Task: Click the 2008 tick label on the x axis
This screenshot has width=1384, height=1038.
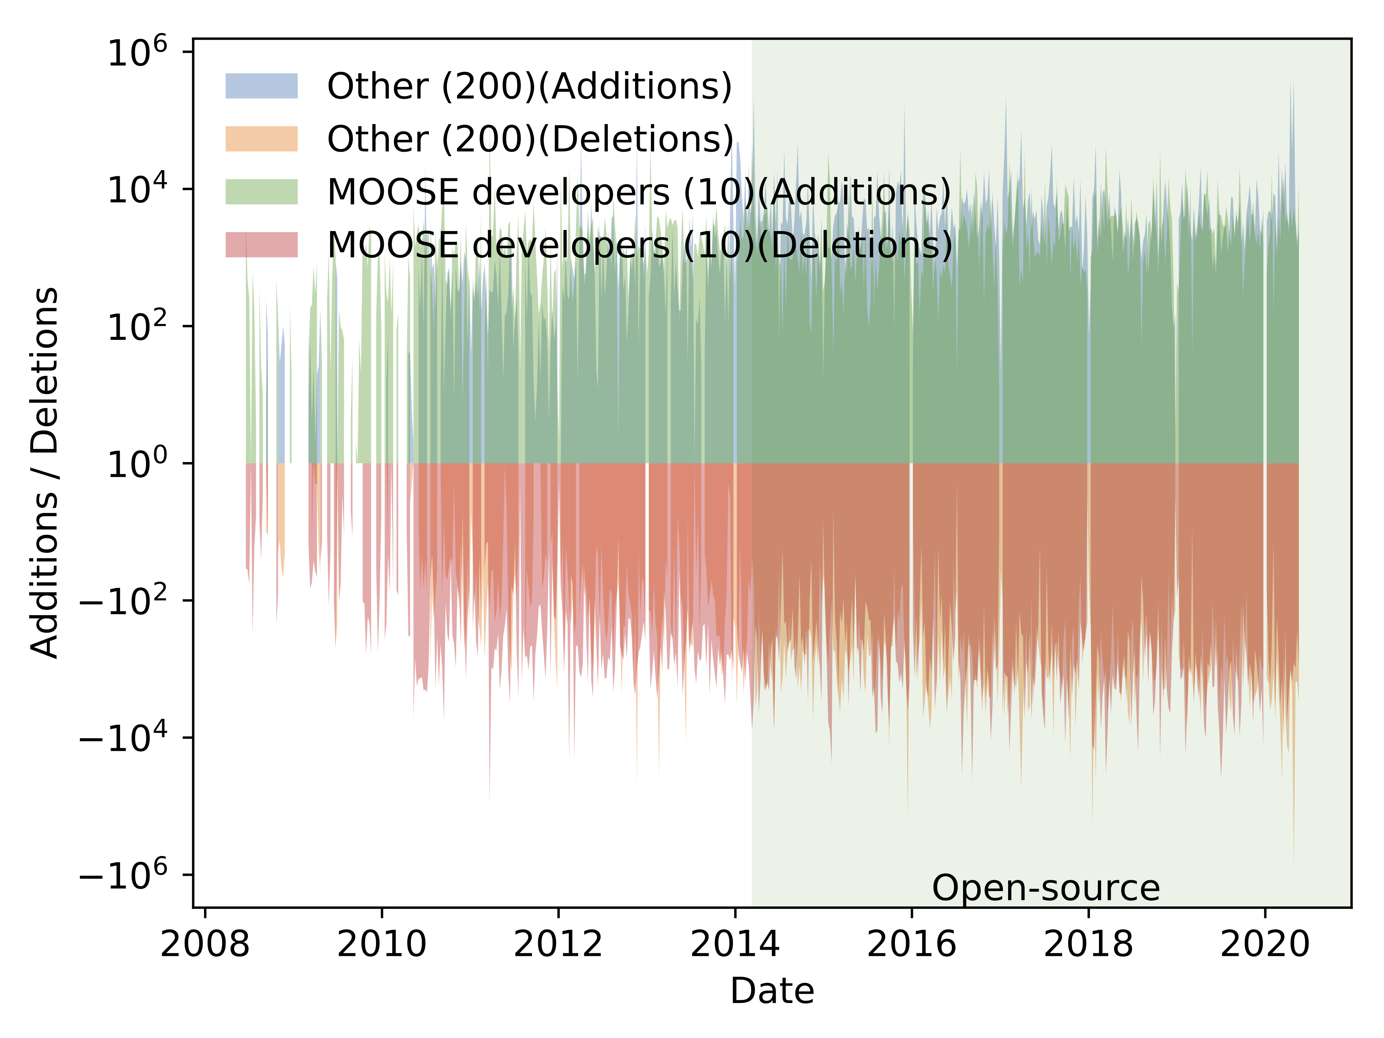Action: [205, 944]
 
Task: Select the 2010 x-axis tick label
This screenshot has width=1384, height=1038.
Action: [382, 944]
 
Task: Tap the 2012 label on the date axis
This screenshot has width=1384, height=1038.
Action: [558, 944]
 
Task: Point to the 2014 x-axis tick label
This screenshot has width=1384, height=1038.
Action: [735, 944]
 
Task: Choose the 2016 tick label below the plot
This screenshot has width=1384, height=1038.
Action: [911, 944]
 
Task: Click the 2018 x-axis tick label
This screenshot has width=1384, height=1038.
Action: [1089, 944]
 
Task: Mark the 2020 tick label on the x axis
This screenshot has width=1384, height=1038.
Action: [1265, 944]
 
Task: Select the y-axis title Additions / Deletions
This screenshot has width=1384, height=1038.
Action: [44, 473]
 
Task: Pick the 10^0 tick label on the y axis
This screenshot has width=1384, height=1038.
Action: [138, 463]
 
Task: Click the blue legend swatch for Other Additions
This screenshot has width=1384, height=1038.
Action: [262, 86]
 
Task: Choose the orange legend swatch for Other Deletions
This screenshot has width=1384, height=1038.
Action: [262, 139]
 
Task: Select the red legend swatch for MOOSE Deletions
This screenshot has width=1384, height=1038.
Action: [262, 245]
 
